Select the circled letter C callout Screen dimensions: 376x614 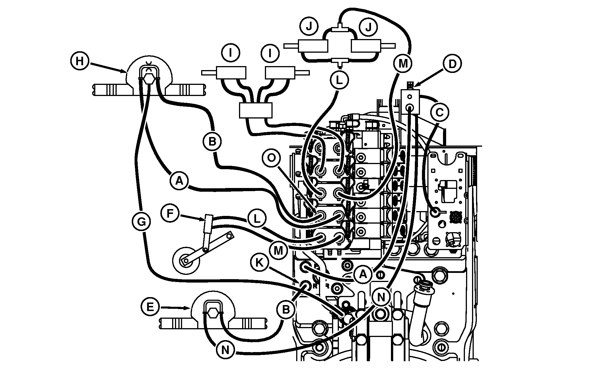440,113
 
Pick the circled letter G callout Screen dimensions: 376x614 141,221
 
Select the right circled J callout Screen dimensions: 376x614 368,27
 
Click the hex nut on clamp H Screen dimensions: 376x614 149,78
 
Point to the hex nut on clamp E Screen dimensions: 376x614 213,313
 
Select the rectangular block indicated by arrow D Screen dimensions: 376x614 410,101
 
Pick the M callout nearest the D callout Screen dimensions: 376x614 403,64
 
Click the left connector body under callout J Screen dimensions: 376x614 313,46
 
